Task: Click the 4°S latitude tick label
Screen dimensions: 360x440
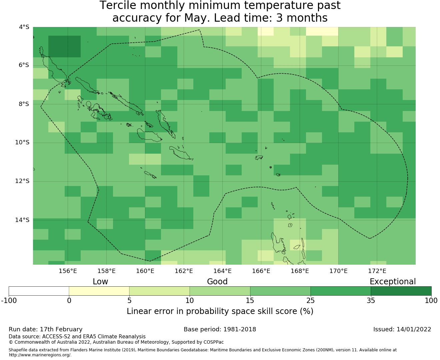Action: tap(24, 27)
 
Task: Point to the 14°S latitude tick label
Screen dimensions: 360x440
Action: tap(22, 220)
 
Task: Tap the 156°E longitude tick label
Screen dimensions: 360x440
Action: tap(68, 271)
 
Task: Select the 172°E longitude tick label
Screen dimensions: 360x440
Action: tap(377, 271)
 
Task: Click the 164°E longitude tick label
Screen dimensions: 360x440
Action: tap(222, 271)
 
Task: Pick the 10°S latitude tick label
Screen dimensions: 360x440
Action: tap(22, 143)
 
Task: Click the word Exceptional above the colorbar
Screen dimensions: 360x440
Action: tap(393, 282)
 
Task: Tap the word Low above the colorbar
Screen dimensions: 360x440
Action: tap(100, 282)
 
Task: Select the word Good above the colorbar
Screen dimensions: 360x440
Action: tap(217, 282)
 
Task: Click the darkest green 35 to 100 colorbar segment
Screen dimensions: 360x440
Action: tap(401, 291)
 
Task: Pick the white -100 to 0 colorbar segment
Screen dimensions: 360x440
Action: tap(39, 291)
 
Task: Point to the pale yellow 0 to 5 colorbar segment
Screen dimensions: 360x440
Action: tap(99, 291)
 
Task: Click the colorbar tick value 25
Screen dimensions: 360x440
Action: tap(310, 301)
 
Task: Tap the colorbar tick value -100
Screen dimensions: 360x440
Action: tap(9, 301)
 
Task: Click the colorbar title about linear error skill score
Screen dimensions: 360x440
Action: tap(220, 311)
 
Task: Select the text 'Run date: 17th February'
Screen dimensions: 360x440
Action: tap(45, 329)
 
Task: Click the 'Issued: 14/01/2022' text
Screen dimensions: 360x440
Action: tap(402, 329)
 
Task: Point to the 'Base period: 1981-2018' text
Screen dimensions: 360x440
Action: tap(220, 329)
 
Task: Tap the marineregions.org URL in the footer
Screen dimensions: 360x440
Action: tap(40, 355)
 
